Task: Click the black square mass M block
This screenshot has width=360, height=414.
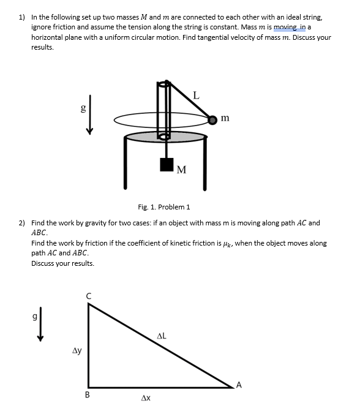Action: (x=167, y=165)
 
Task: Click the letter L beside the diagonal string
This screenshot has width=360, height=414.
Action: (x=195, y=95)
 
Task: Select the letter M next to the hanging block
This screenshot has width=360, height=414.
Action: (x=182, y=169)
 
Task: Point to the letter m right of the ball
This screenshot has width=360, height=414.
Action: (x=226, y=118)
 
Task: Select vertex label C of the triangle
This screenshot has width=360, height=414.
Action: (x=89, y=296)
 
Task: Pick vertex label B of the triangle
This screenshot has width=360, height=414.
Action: (x=88, y=395)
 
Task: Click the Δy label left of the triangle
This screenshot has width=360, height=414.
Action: (x=77, y=351)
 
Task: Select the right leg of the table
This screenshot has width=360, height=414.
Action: (x=204, y=162)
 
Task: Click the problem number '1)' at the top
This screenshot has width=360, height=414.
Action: (x=22, y=18)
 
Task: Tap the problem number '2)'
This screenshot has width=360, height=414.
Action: (x=22, y=224)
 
